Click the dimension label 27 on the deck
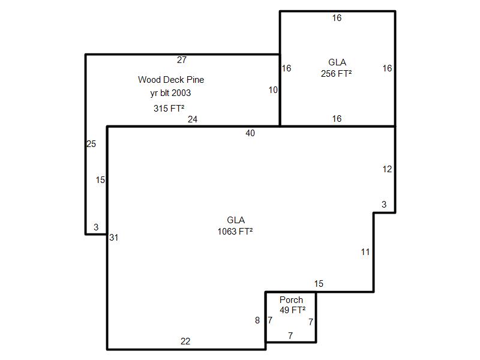coord(182,59)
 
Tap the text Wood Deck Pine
coord(171,79)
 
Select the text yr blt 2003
coord(170,93)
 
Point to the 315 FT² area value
coord(169,109)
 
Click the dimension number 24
coord(192,119)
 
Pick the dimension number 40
coord(250,133)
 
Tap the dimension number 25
coord(91,144)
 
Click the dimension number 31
coord(113,238)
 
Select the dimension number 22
coord(185,341)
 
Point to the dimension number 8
coord(257,320)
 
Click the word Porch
coord(291,300)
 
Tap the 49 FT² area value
coord(292,310)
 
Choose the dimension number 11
coord(365,252)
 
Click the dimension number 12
coord(387,169)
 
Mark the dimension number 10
coord(273,90)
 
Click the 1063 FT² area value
coord(235,231)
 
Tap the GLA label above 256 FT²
coord(337,62)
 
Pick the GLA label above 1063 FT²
coord(236,220)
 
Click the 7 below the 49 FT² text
coord(290,336)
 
